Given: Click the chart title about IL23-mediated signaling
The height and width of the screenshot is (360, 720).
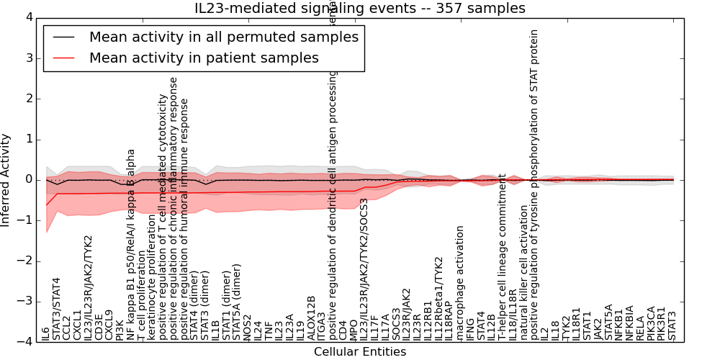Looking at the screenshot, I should tap(360, 8).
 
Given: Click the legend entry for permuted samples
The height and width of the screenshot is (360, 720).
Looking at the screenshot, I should tap(223, 37).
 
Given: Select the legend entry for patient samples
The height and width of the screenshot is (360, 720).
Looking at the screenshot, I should tap(204, 58).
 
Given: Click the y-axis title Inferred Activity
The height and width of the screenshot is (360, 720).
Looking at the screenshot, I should tap(6, 179).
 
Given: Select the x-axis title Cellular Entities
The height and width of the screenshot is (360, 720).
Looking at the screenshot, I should tap(359, 352).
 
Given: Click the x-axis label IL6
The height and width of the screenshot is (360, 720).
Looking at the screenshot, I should tap(46, 333).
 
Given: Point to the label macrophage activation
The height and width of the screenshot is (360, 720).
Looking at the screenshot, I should tap(461, 283).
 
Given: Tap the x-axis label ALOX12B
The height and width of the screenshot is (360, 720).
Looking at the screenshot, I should tap(312, 318).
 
